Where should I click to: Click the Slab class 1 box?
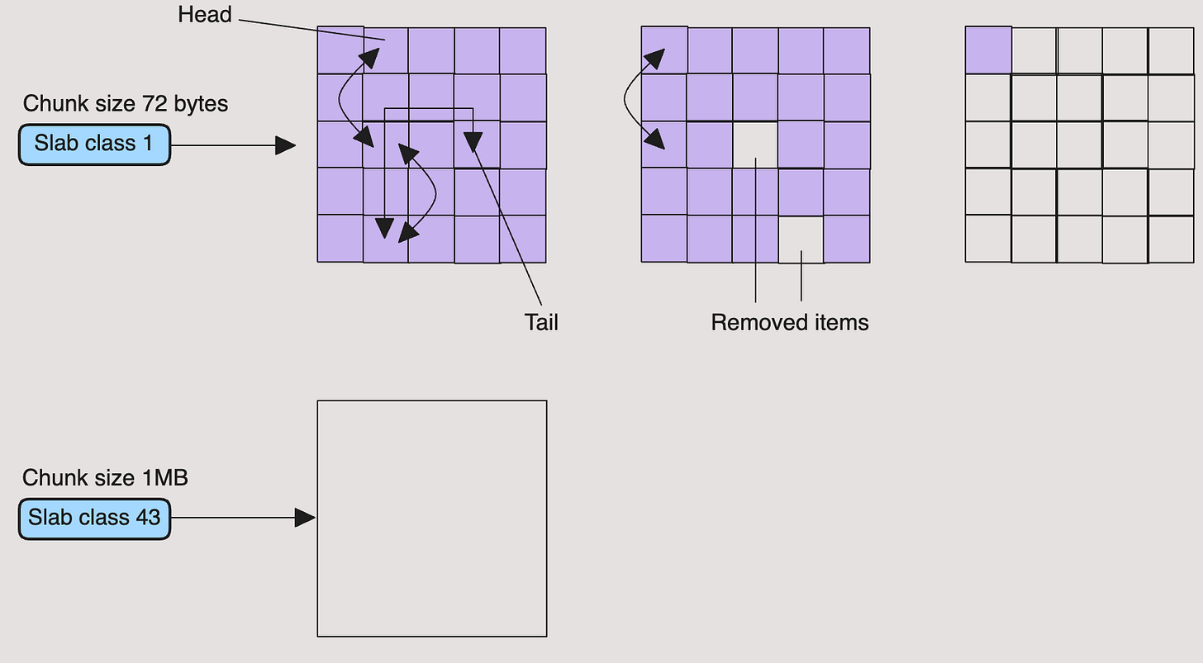click(94, 144)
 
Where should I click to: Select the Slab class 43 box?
click(94, 519)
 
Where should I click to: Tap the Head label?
click(204, 15)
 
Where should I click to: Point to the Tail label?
click(541, 322)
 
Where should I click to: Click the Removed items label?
click(789, 322)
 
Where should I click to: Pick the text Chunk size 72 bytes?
click(126, 104)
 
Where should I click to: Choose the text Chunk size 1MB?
click(105, 478)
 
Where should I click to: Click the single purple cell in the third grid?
click(988, 50)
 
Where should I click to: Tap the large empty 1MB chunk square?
click(431, 519)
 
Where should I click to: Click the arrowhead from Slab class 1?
click(286, 146)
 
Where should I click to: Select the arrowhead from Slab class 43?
click(306, 519)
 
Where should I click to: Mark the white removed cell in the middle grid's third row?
click(755, 144)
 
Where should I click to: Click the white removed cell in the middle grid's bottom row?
click(801, 239)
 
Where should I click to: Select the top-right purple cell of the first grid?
click(522, 50)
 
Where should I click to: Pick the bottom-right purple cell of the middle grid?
click(847, 239)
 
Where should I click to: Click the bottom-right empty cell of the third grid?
click(1171, 239)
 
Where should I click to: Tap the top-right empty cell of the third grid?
click(1171, 50)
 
